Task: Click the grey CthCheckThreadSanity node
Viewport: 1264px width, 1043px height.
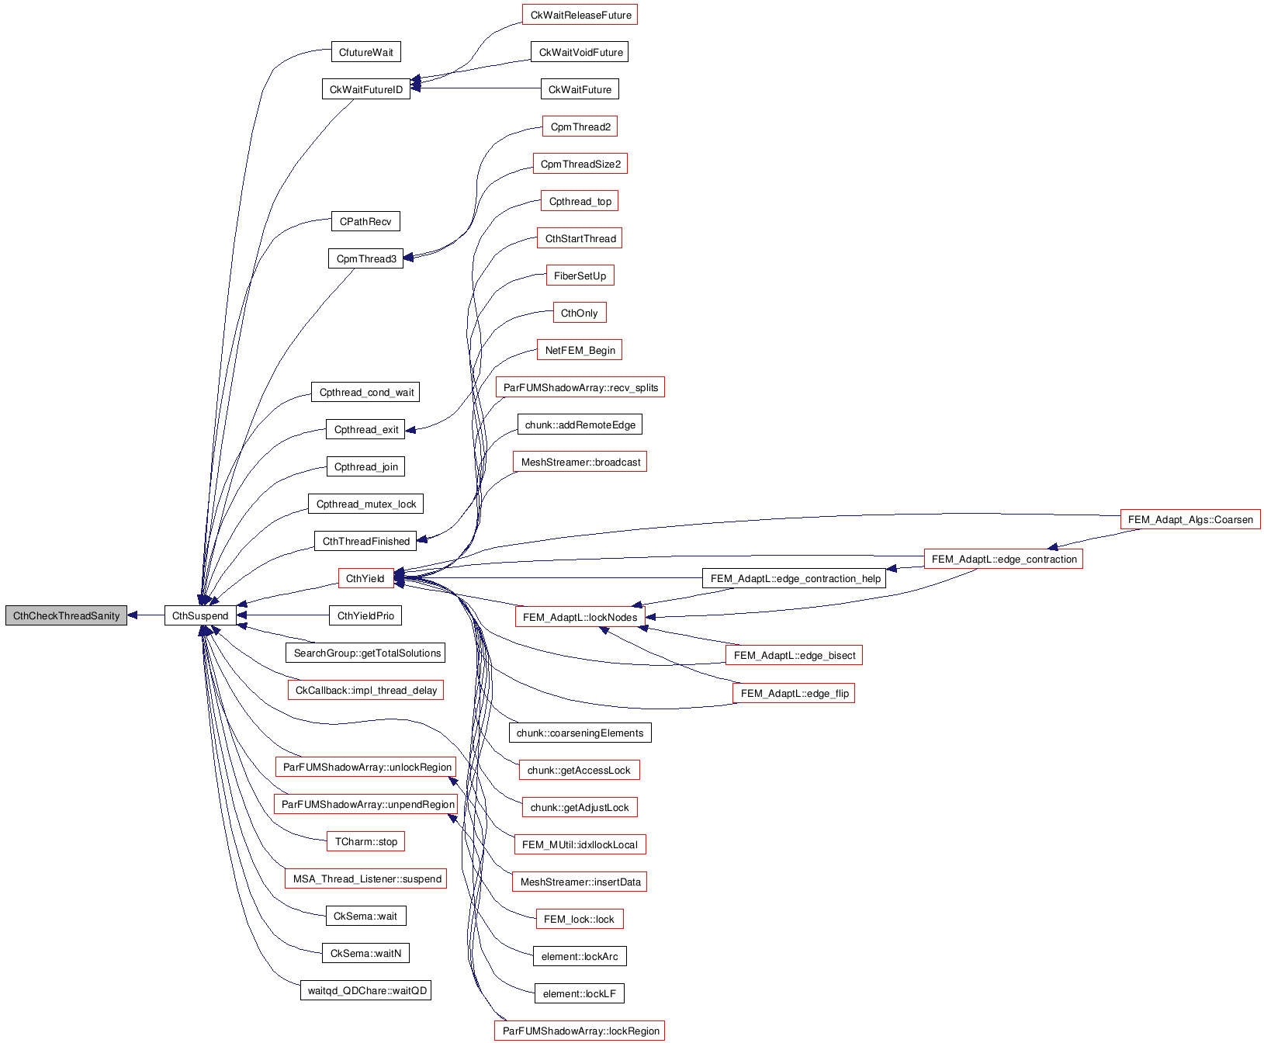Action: [66, 615]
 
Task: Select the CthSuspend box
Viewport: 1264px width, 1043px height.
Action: [200, 615]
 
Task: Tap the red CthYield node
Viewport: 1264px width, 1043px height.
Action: [365, 578]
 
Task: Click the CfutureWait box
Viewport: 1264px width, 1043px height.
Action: [365, 52]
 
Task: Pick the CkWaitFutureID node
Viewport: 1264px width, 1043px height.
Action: [366, 89]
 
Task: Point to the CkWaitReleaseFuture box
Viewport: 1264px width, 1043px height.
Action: [580, 15]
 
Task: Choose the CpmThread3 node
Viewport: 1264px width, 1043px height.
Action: [366, 258]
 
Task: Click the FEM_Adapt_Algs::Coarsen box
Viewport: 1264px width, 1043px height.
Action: [1190, 519]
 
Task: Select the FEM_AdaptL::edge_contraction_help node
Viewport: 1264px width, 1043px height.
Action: [795, 578]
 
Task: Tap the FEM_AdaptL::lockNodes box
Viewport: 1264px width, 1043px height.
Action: [580, 617]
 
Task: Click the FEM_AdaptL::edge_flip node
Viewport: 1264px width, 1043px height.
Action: [794, 693]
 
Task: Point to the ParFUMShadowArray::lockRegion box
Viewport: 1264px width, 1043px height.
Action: [580, 1031]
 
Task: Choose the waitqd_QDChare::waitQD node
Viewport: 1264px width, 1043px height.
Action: [366, 990]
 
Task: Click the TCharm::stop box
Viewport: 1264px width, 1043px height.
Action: [366, 841]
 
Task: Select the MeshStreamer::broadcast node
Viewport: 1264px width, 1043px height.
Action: [580, 462]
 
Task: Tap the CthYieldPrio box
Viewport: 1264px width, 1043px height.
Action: [366, 615]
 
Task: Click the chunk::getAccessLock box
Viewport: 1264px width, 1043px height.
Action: [579, 770]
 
